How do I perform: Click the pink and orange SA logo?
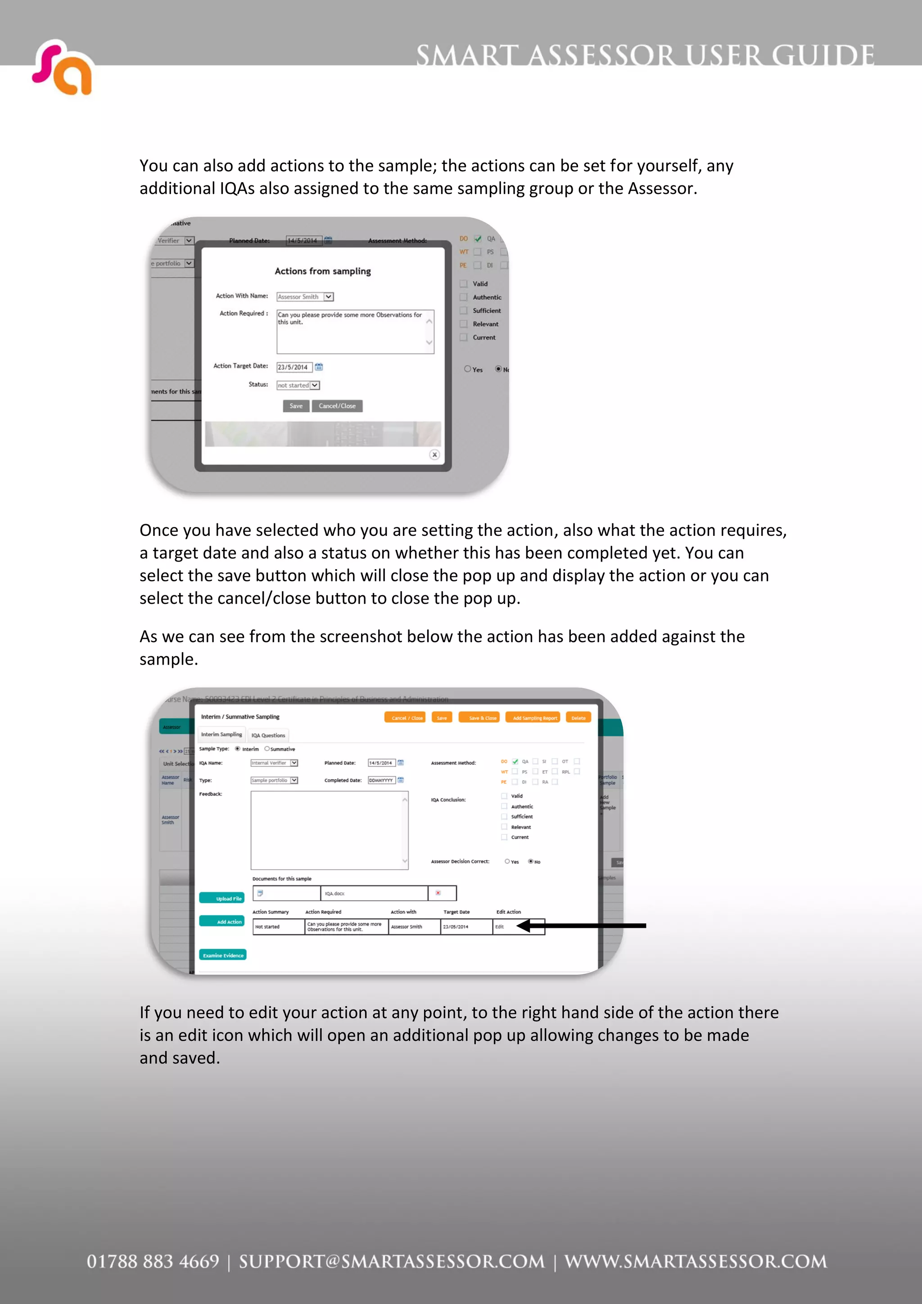(63, 67)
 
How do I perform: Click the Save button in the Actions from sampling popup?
(296, 406)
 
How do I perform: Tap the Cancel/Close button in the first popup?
(337, 406)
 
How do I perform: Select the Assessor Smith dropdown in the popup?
(304, 297)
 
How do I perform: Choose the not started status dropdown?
(298, 386)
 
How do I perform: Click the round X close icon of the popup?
(434, 454)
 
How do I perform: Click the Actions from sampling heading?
(323, 271)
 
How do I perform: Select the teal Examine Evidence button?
(223, 955)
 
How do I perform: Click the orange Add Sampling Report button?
(534, 718)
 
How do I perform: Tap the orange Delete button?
(579, 718)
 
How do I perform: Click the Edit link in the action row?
(499, 927)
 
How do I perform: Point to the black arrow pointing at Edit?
(585, 926)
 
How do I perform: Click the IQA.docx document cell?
(374, 893)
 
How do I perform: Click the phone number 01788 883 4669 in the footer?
(153, 1261)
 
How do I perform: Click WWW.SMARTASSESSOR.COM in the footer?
(696, 1261)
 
